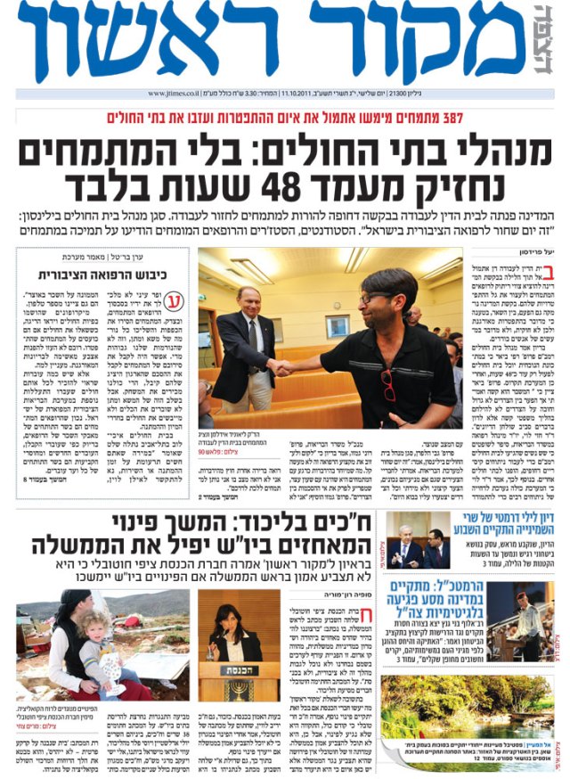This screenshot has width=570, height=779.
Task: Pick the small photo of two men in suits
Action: click(x=419, y=541)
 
